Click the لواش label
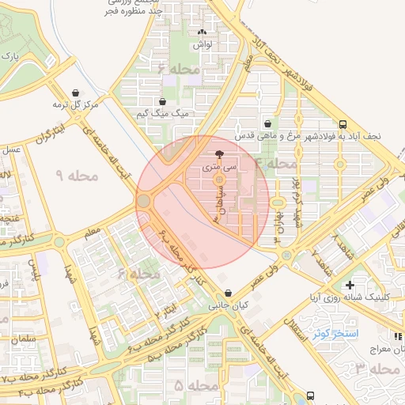(x=203, y=46)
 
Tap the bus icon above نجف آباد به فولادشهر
(x=342, y=123)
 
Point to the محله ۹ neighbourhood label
(x=78, y=174)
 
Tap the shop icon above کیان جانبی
(x=228, y=293)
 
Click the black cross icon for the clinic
(x=350, y=284)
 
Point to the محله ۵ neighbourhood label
(x=191, y=385)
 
